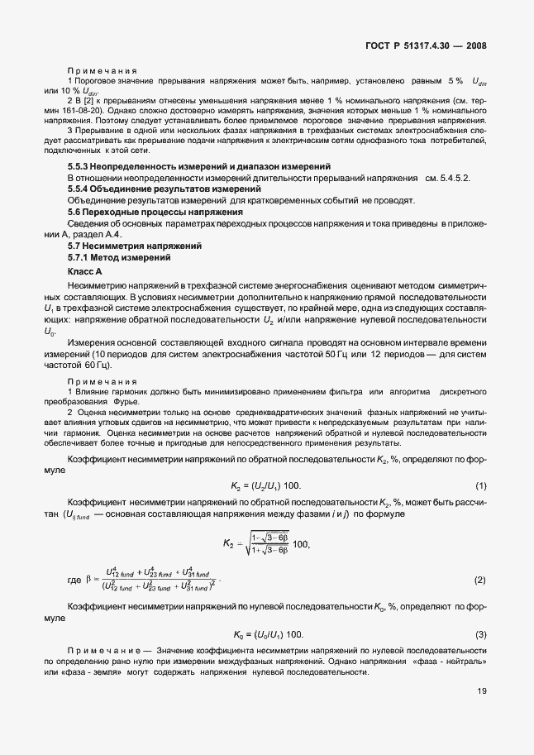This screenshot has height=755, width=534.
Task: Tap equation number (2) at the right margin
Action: (x=480, y=581)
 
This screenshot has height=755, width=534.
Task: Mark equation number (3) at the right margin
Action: (x=480, y=634)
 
